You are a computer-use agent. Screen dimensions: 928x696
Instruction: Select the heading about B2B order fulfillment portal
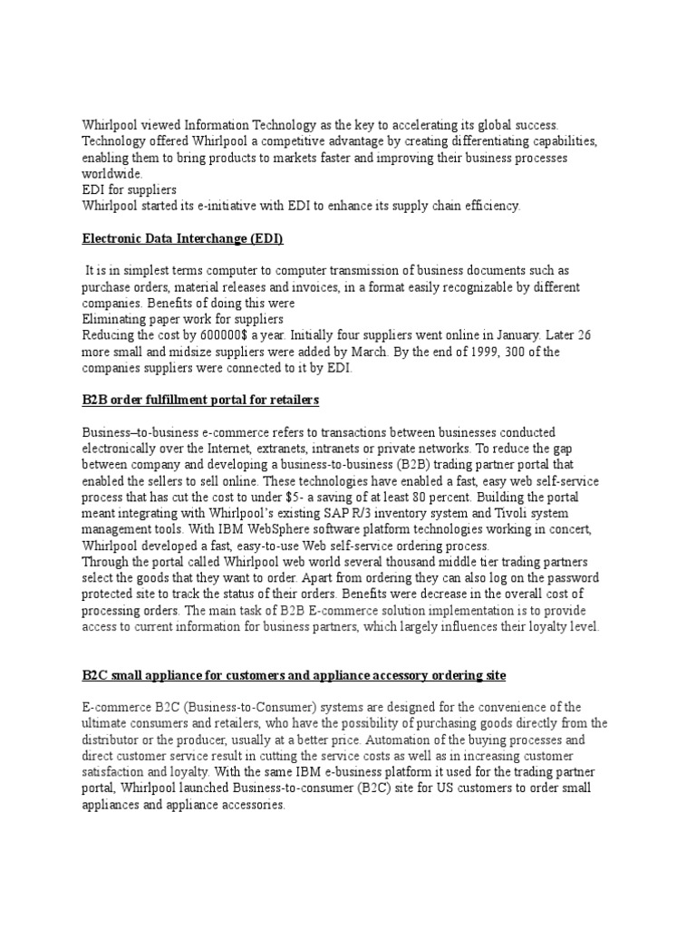200,400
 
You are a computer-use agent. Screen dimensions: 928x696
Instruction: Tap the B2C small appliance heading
295,676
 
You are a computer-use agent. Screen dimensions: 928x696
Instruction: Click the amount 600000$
204,335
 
